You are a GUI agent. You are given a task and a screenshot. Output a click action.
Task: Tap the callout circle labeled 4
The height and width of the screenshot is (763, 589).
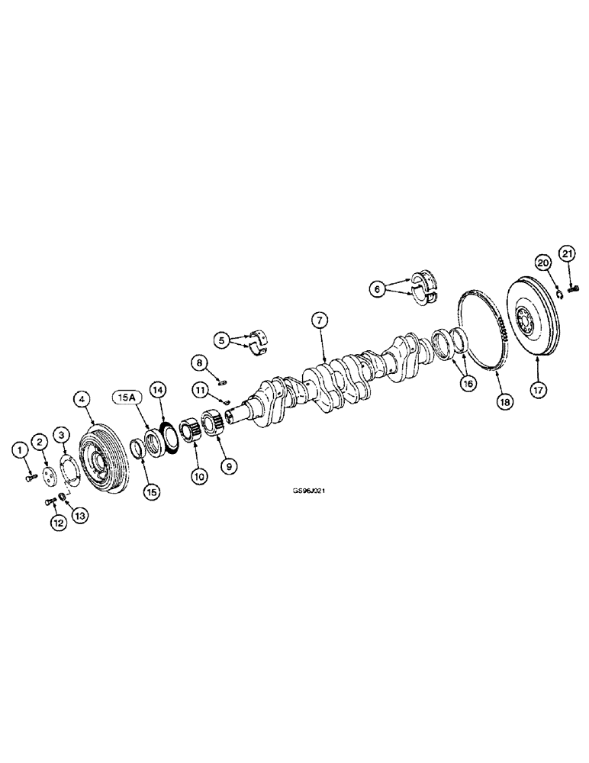81,398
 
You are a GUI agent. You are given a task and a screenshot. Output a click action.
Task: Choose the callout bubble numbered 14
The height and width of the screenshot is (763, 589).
159,389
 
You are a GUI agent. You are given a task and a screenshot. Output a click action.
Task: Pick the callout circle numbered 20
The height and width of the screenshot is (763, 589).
542,262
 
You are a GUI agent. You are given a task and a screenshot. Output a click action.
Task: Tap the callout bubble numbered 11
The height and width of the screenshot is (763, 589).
201,390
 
